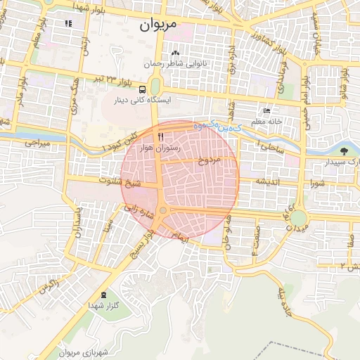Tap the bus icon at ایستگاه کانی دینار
(x=143, y=89)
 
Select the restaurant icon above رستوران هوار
(x=161, y=136)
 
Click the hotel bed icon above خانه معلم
(x=266, y=111)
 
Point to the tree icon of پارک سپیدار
(x=344, y=150)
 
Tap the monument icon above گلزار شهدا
(x=105, y=295)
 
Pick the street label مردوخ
(x=210, y=160)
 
